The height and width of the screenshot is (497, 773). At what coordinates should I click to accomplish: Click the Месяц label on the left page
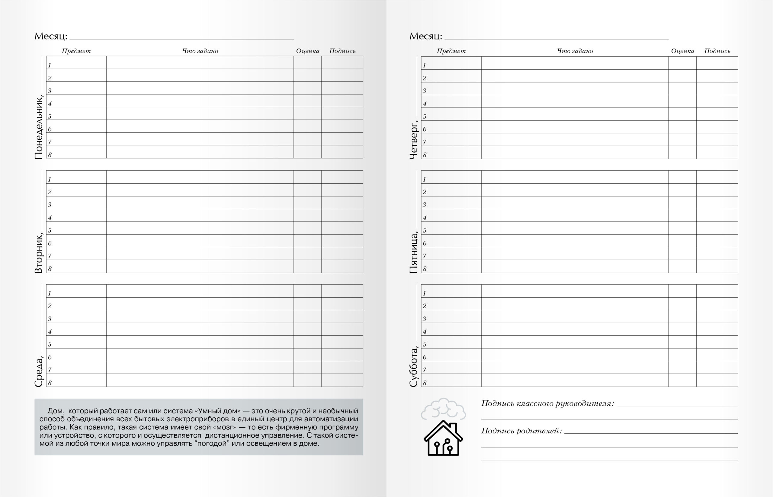coord(51,36)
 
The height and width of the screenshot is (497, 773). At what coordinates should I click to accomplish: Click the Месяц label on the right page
coord(425,36)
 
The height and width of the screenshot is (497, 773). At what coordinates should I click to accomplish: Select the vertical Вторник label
coord(38,252)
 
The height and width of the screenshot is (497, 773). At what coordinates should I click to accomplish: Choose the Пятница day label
coord(413,252)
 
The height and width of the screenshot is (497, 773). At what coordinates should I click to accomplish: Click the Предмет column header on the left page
coord(76,51)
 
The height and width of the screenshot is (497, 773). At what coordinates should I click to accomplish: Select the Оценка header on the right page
coord(682,51)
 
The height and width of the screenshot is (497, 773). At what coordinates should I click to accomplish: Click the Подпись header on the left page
coord(342,51)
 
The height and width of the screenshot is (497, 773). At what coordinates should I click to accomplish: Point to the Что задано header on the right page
coord(575,51)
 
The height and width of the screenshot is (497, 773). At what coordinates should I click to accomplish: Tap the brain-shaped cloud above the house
coord(443,409)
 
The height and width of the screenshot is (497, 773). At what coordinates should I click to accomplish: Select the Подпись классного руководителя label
coord(547,404)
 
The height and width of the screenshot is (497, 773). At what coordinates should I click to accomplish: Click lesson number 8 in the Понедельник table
coord(50,155)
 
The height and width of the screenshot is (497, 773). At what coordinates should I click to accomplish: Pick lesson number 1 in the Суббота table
coord(425,293)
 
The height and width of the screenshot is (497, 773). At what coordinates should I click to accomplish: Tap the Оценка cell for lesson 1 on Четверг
coord(682,63)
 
